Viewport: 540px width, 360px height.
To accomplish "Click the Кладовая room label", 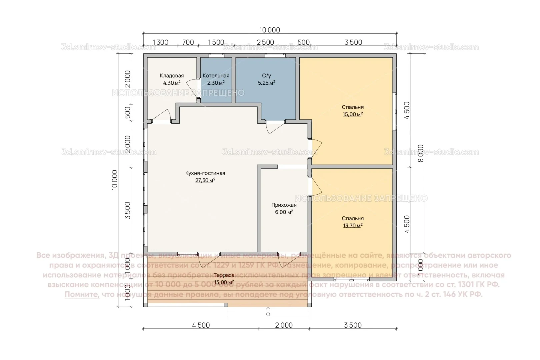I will click(x=171, y=76).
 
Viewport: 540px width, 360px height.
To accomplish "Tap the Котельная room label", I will click(x=216, y=76).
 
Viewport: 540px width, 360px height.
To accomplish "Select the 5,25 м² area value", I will click(x=266, y=83).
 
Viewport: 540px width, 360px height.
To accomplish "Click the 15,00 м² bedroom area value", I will click(x=353, y=114).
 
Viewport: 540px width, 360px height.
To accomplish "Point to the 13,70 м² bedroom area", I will click(x=353, y=226).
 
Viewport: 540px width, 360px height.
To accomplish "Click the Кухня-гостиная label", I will click(x=205, y=173).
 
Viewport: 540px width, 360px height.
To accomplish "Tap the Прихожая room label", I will click(x=284, y=205).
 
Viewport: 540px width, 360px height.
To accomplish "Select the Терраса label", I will click(x=224, y=275).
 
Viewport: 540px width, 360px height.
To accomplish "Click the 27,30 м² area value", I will click(x=205, y=180).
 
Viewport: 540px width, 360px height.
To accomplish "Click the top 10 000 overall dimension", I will click(x=270, y=30).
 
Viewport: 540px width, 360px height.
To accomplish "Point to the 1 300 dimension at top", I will click(x=160, y=42).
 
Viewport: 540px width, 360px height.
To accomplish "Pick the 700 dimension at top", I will click(x=188, y=42).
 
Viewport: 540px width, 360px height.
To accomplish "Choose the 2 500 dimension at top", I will click(x=266, y=42).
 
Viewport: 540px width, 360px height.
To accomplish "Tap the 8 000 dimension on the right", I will click(x=421, y=153).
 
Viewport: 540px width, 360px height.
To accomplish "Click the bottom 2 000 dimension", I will click(x=284, y=325).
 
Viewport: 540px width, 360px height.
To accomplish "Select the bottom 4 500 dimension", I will click(x=201, y=325).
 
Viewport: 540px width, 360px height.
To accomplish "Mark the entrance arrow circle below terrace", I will click(x=268, y=314).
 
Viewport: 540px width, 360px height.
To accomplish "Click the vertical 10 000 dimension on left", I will click(x=115, y=180).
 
